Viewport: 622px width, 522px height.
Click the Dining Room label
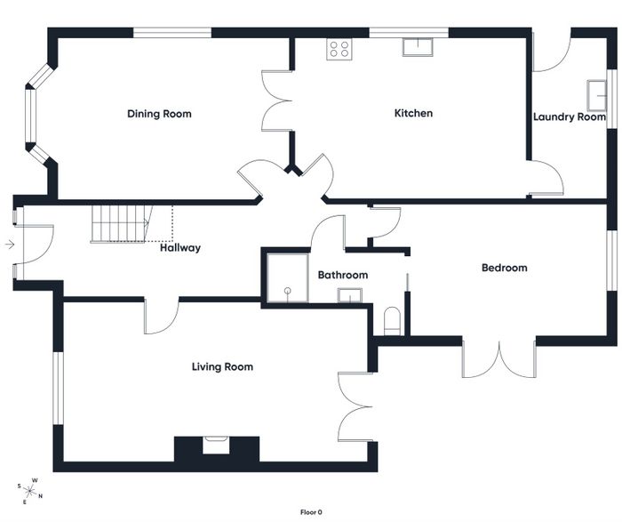pyautogui.click(x=159, y=114)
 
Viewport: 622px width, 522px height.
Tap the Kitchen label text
pyautogui.click(x=413, y=113)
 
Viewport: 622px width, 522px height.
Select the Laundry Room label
pyautogui.click(x=570, y=117)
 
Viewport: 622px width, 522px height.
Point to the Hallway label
pyautogui.click(x=180, y=248)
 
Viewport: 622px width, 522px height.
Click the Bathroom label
pyautogui.click(x=343, y=275)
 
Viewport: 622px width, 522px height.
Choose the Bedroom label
pyautogui.click(x=504, y=268)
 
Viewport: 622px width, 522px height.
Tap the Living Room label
pyautogui.click(x=222, y=366)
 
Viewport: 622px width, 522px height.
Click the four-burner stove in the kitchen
pyautogui.click(x=339, y=49)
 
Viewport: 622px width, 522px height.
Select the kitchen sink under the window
pyautogui.click(x=418, y=47)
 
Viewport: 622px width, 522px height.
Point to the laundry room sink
pyautogui.click(x=597, y=95)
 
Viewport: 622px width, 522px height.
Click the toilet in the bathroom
pyautogui.click(x=392, y=321)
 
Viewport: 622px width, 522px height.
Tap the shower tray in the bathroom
pyautogui.click(x=287, y=277)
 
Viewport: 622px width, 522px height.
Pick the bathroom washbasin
pyautogui.click(x=349, y=295)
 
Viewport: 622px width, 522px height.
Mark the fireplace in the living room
pyautogui.click(x=216, y=445)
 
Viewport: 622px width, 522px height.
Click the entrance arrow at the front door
pyautogui.click(x=10, y=245)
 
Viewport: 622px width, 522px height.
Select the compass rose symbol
pyautogui.click(x=29, y=492)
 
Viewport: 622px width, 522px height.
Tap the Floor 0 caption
pyautogui.click(x=311, y=512)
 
